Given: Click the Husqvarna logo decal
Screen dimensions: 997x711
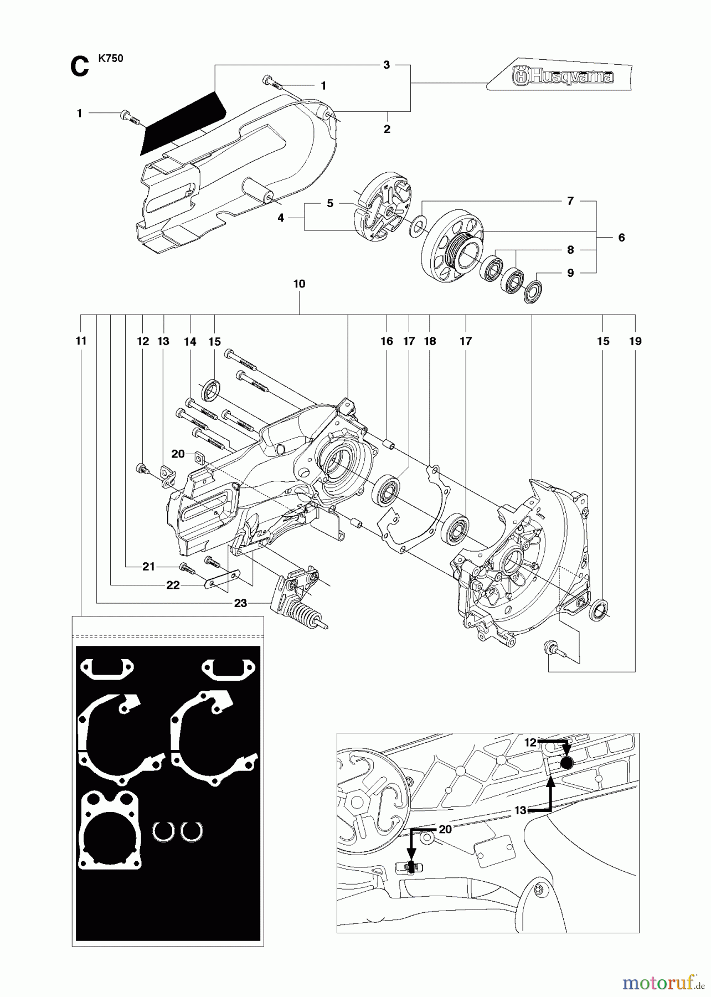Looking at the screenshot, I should tap(559, 76).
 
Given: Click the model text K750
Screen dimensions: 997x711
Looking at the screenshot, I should tap(111, 59).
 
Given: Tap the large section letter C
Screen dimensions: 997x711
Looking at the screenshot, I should tap(79, 68).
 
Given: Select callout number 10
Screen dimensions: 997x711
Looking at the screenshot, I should tap(299, 284).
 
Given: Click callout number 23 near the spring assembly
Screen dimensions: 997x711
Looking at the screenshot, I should tap(240, 603).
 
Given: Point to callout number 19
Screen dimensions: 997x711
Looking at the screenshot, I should tap(635, 341).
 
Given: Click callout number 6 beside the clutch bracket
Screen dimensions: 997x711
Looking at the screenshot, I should tap(621, 238).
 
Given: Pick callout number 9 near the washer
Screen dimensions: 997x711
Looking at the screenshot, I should tap(570, 273).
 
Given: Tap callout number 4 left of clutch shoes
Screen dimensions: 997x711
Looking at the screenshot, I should tap(281, 218).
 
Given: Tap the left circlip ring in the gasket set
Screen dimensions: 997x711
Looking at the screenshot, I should tap(163, 831).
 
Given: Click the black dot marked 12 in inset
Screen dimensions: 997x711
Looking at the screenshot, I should tap(566, 764).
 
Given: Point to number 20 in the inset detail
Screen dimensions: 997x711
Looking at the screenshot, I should tap(445, 829).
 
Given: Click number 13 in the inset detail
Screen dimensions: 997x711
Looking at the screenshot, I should tap(519, 810).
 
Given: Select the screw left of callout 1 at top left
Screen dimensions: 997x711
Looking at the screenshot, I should tap(129, 117).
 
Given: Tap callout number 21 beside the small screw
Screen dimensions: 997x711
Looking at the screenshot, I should tap(148, 567).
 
